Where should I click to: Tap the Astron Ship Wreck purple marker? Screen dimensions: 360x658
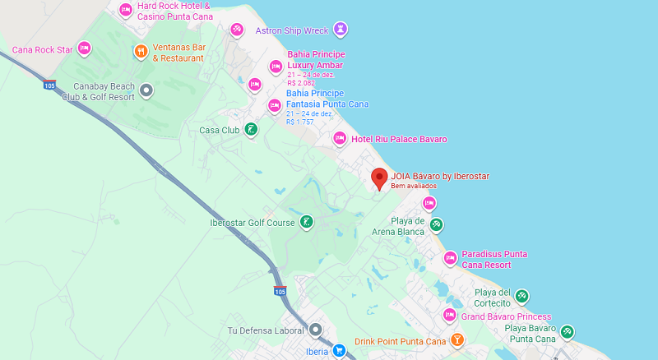click(341, 30)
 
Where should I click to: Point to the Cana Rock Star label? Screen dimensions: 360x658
click(43, 49)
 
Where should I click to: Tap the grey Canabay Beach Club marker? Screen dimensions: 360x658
click(146, 90)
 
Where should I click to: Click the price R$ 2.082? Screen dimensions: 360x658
click(301, 83)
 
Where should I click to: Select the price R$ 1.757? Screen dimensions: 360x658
click(300, 122)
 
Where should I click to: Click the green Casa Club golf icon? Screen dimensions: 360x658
click(252, 129)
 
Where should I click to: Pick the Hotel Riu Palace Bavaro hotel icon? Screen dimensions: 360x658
click(339, 139)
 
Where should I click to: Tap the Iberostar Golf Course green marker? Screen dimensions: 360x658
click(306, 222)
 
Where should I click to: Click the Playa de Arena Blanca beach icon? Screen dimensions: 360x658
click(437, 224)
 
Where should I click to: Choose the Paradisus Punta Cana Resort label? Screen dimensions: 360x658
click(494, 259)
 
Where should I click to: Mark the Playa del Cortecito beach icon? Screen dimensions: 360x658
click(521, 296)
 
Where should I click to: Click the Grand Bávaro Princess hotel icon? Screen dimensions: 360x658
click(450, 316)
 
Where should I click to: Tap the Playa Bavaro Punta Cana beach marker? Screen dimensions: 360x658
click(567, 332)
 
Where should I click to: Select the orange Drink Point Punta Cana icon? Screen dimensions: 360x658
click(456, 340)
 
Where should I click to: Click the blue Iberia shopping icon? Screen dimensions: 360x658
click(339, 351)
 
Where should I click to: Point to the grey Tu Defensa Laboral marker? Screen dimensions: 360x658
click(315, 330)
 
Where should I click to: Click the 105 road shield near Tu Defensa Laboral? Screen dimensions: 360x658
click(280, 291)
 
